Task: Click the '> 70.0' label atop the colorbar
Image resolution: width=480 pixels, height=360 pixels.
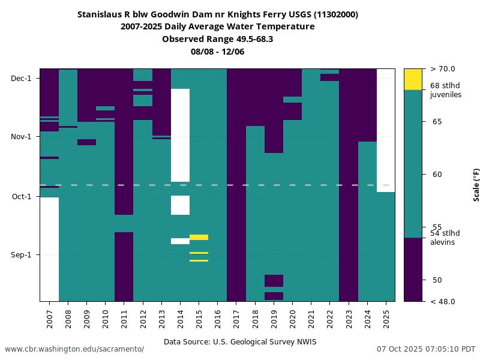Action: click(443, 69)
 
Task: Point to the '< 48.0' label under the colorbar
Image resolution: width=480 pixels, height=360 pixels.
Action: click(443, 301)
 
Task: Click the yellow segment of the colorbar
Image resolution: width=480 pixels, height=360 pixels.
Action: click(413, 79)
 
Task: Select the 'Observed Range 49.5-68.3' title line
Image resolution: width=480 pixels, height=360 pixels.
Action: click(218, 39)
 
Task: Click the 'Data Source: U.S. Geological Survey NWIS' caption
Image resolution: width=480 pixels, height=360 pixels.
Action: click(240, 342)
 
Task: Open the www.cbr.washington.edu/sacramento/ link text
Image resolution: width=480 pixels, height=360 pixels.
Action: click(74, 349)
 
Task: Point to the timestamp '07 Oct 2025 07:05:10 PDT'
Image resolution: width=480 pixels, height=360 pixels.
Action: click(426, 349)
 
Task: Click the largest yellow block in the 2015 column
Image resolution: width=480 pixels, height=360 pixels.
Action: click(199, 237)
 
